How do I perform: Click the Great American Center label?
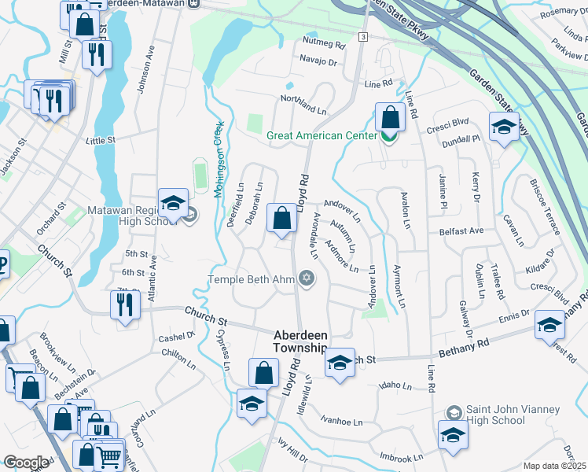pyautogui.click(x=322, y=135)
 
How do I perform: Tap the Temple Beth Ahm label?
pyautogui.click(x=251, y=279)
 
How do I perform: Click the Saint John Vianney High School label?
pyautogui.click(x=513, y=415)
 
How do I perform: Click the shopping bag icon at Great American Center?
pyautogui.click(x=390, y=118)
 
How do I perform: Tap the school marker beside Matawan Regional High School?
pyautogui.click(x=173, y=203)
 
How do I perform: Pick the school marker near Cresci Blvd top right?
pyautogui.click(x=504, y=126)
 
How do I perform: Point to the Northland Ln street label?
pyautogui.click(x=304, y=104)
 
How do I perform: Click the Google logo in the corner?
pyautogui.click(x=25, y=462)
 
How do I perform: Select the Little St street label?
pyautogui.click(x=101, y=140)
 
